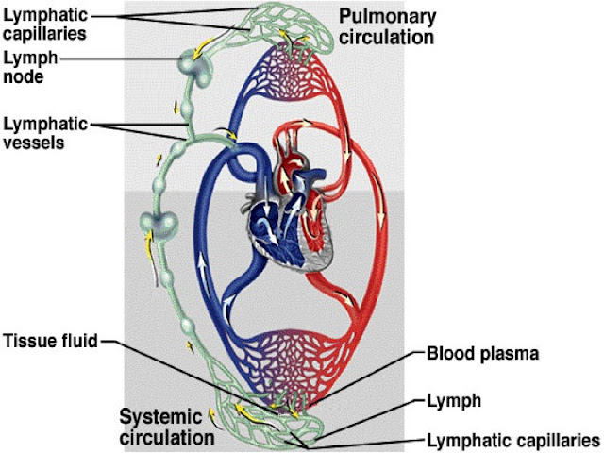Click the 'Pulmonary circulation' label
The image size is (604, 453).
coord(389,28)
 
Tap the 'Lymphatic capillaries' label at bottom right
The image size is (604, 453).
coord(514,439)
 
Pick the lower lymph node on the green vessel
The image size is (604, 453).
coord(156,224)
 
